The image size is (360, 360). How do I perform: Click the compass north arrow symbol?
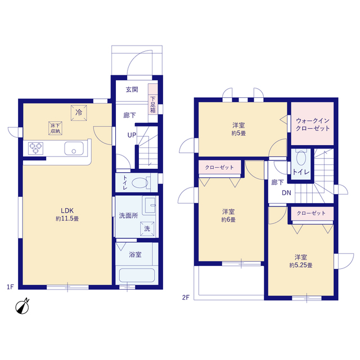pyautogui.click(x=22, y=307)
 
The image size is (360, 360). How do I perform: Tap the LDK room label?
pyautogui.click(x=67, y=210)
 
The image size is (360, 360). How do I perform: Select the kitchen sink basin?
pyautogui.click(x=74, y=148)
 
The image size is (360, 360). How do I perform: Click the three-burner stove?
pyautogui.click(x=35, y=148)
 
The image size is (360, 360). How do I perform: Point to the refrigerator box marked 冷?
pyautogui.click(x=79, y=112)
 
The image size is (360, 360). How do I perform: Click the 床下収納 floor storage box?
pyautogui.click(x=55, y=128)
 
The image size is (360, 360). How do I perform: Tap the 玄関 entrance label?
pyautogui.click(x=132, y=89)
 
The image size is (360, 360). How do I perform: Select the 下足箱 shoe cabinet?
pyautogui.click(x=153, y=103)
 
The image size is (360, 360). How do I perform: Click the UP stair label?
pyautogui.click(x=132, y=135)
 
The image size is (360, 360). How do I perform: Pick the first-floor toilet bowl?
pyautogui.click(x=140, y=183)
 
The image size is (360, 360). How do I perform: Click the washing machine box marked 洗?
pyautogui.click(x=147, y=229)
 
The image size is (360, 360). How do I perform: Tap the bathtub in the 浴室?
pyautogui.click(x=137, y=276)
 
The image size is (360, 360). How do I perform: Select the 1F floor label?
pyautogui.click(x=11, y=287)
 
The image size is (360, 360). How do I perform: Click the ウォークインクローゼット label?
pyautogui.click(x=313, y=125)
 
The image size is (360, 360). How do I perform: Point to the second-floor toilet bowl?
pyautogui.click(x=301, y=158)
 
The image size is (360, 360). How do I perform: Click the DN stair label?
pyautogui.click(x=286, y=193)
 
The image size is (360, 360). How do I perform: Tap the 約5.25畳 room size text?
pyautogui.click(x=301, y=265)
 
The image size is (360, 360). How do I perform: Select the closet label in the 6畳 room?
pyautogui.click(x=219, y=168)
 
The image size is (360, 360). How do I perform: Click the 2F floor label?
pyautogui.click(x=186, y=298)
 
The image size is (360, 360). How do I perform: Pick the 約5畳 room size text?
pyautogui.click(x=238, y=133)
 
